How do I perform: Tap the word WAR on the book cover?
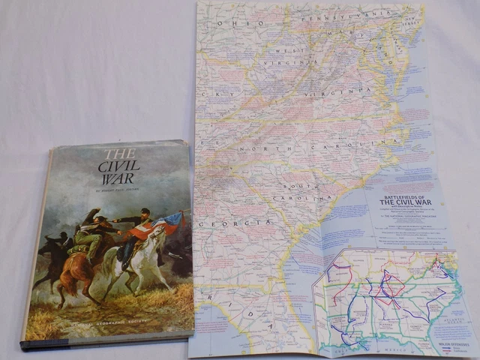point(118,179)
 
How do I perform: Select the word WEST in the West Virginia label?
point(289,51)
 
